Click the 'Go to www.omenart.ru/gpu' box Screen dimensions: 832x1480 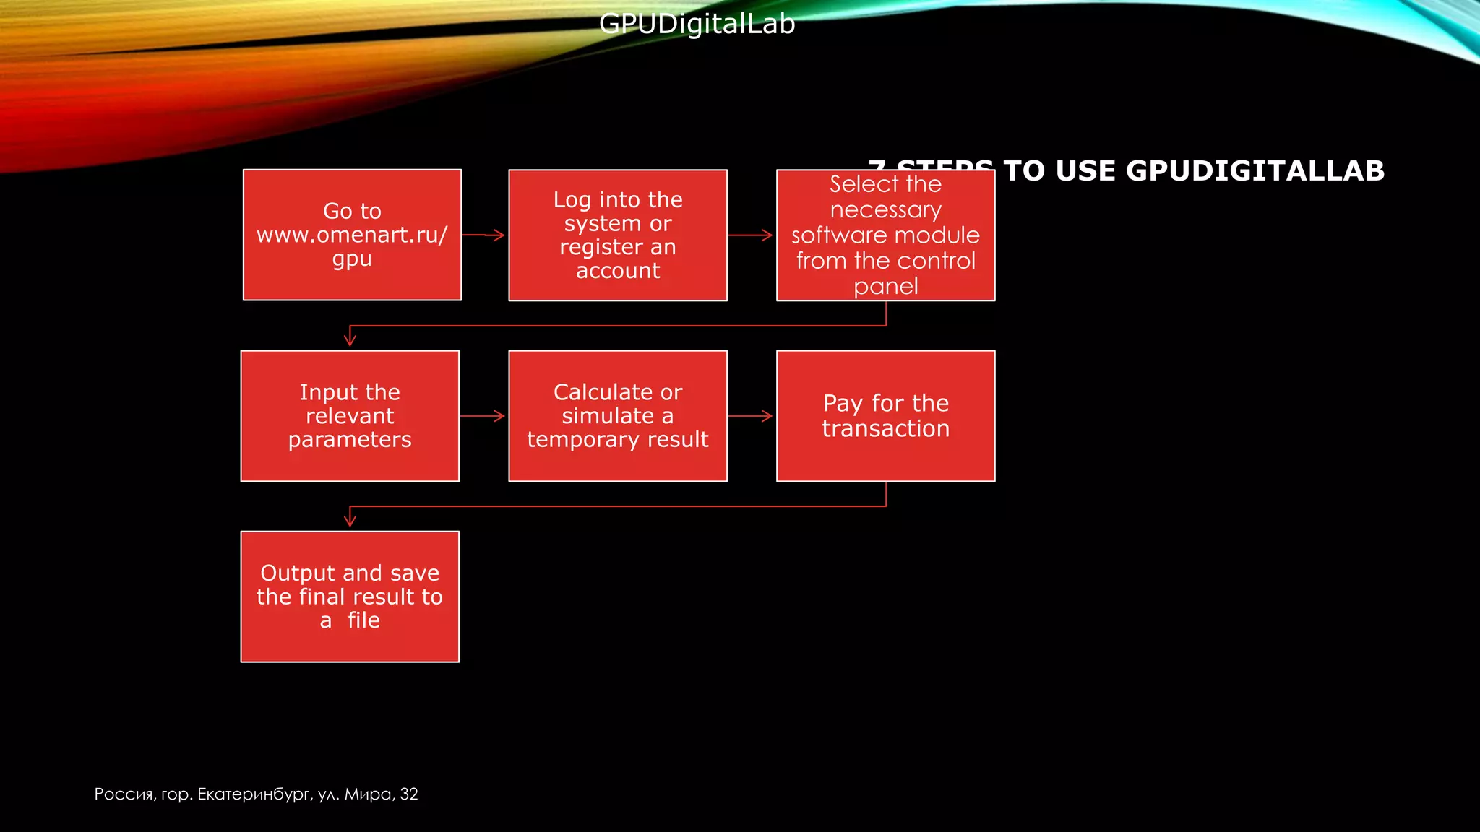[352, 235]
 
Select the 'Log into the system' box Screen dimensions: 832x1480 [618, 235]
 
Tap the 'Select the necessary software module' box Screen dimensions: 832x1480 [885, 235]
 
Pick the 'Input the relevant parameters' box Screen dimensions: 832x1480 [350, 416]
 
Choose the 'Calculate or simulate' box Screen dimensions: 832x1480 [618, 416]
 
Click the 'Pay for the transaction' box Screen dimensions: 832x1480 [885, 416]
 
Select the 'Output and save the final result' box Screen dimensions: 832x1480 [350, 597]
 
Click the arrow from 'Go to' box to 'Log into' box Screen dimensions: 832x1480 [484, 235]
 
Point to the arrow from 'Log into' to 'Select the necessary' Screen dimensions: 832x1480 [751, 235]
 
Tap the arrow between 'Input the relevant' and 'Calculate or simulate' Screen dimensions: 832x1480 [483, 416]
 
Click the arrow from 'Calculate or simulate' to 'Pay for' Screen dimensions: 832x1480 [751, 416]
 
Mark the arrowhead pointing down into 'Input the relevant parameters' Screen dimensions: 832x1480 [350, 338]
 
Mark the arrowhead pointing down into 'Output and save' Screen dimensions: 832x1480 [350, 519]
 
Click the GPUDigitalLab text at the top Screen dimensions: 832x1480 [697, 24]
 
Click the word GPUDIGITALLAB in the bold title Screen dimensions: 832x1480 [1255, 171]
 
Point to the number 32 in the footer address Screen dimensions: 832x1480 [409, 794]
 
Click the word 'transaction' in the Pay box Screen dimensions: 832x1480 [885, 429]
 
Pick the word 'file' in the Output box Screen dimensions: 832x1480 [363, 620]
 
